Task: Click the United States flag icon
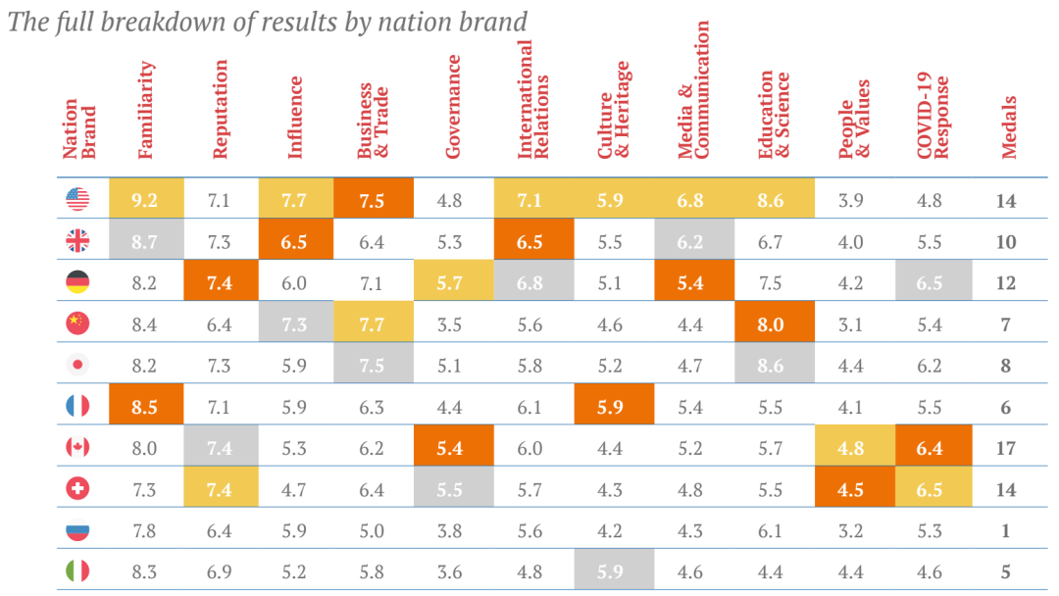point(77,200)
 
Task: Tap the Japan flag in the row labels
point(77,365)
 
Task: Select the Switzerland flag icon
point(77,488)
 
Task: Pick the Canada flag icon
point(77,447)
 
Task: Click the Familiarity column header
point(146,110)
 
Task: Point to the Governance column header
point(453,106)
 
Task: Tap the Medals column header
point(1008,126)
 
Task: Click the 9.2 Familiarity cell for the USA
point(146,200)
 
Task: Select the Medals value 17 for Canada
point(1006,447)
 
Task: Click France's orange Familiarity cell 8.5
point(146,406)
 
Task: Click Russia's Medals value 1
point(1006,529)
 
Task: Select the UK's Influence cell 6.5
point(295,241)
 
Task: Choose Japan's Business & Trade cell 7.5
point(373,365)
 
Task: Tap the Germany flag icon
point(77,282)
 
